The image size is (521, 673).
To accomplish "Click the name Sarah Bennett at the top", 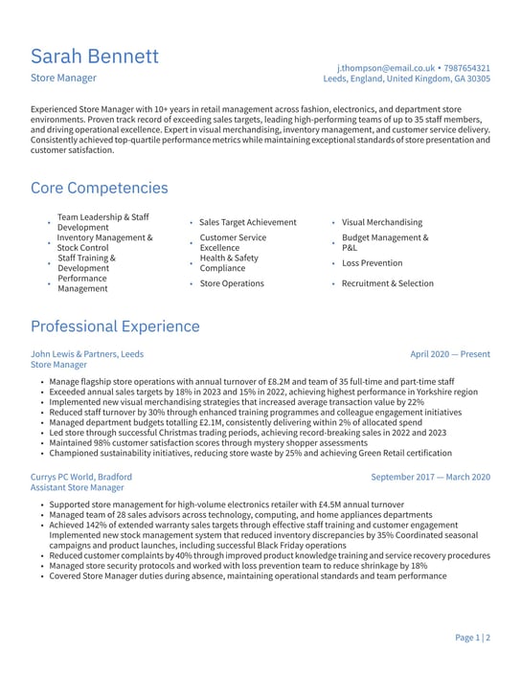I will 95,56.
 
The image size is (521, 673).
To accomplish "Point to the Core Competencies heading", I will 99,188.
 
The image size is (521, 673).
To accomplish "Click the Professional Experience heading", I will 115,326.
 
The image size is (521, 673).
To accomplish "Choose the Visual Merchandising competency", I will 381,222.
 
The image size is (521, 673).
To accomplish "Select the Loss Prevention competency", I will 372,263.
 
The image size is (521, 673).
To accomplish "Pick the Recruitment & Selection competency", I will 387,283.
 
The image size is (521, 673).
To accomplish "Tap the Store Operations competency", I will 232,283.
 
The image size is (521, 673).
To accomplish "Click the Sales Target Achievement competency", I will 248,222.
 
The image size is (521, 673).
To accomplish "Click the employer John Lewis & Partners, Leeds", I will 87,354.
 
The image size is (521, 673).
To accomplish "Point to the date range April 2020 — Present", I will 449,354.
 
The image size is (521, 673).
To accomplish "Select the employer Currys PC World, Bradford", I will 81,477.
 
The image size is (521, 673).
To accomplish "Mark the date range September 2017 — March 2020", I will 430,477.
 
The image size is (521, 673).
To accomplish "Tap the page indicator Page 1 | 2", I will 472,638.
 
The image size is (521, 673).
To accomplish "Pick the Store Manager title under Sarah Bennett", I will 63,79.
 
